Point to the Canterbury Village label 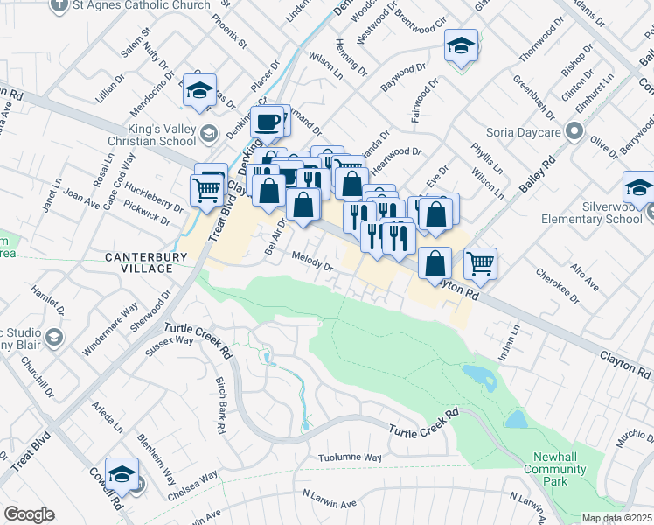pos(138,262)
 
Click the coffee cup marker pos(268,121)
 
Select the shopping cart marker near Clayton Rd pos(480,262)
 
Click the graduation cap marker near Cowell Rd pos(122,473)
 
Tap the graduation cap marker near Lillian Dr pos(200,92)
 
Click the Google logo pos(28,514)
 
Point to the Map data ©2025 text pos(616,518)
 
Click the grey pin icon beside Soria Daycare pos(574,132)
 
